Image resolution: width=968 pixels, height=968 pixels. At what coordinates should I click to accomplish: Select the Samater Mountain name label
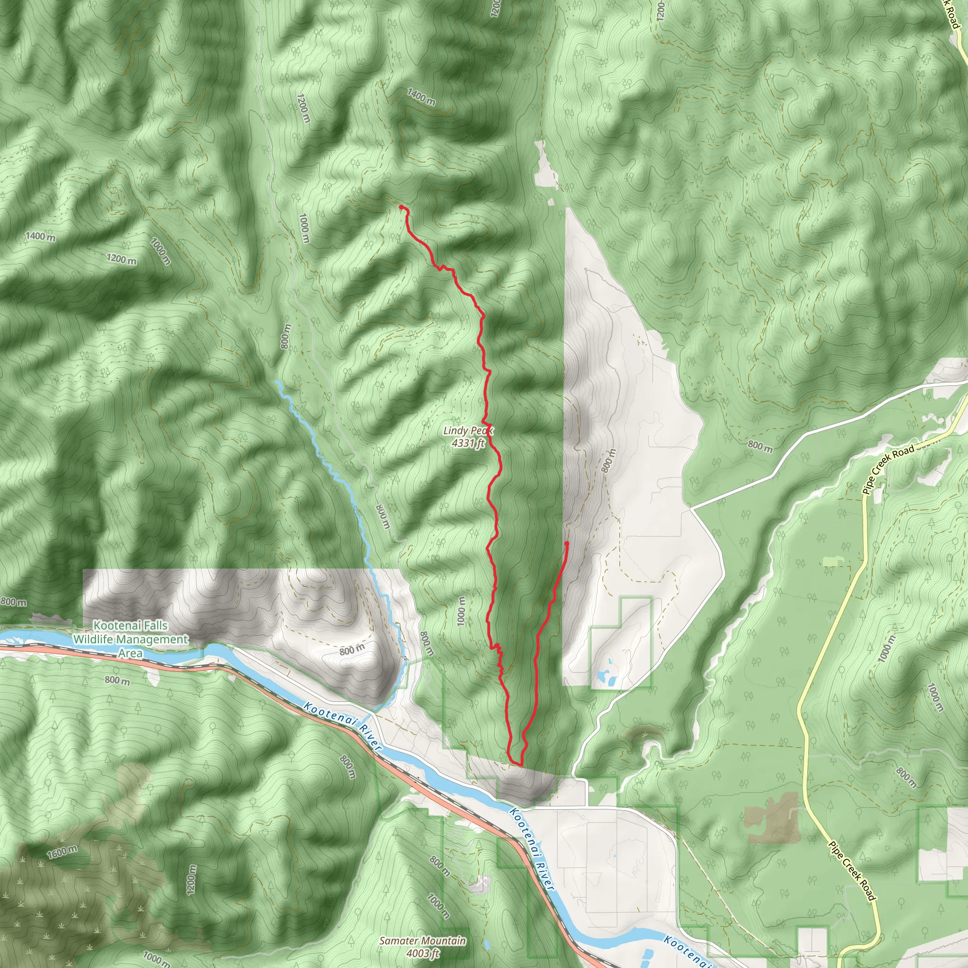pyautogui.click(x=423, y=941)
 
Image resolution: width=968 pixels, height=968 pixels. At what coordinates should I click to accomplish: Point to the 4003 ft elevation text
pyautogui.click(x=423, y=953)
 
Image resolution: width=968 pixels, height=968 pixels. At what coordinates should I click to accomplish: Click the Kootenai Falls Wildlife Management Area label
pyautogui.click(x=131, y=640)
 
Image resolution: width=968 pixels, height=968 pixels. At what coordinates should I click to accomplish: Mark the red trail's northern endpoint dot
pyautogui.click(x=402, y=207)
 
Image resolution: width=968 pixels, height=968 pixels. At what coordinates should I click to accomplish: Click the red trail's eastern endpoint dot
pyautogui.click(x=567, y=544)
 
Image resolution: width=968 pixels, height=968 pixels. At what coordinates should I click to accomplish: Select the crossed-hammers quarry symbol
pyautogui.click(x=483, y=881)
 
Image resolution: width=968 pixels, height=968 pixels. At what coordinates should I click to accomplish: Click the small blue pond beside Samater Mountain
pyautogui.click(x=487, y=945)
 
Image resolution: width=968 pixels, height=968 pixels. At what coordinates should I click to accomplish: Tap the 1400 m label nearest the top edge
pyautogui.click(x=421, y=97)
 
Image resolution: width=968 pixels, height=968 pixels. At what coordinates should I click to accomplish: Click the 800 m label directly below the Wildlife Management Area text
pyautogui.click(x=117, y=681)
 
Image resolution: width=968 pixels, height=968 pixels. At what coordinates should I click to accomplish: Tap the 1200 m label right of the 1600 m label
pyautogui.click(x=191, y=879)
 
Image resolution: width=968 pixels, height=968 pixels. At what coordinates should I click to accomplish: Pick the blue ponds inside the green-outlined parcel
pyautogui.click(x=606, y=677)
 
